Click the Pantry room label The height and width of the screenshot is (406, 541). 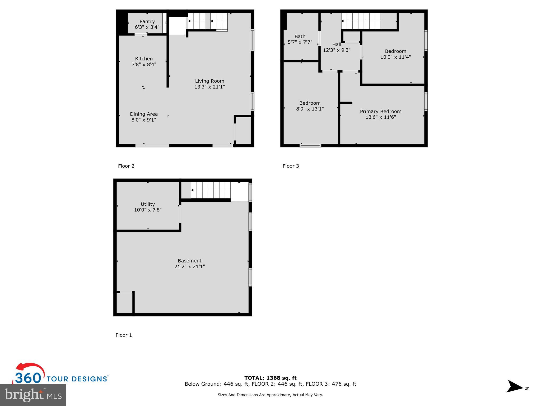pos(147,21)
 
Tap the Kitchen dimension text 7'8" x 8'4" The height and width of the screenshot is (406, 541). pos(144,64)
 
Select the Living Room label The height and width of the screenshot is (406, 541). pos(209,81)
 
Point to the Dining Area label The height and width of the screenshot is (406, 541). pos(144,114)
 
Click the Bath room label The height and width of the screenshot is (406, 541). pos(300,36)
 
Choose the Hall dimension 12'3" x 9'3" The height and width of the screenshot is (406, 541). pos(337,50)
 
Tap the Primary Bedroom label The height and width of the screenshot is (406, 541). pos(380,112)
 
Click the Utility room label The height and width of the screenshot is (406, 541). pos(148,204)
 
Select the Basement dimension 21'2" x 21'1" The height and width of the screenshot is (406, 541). pos(189,266)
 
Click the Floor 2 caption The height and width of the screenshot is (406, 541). pos(126,166)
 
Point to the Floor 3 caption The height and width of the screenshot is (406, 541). pos(291,166)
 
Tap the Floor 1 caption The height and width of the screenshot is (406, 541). pos(124,335)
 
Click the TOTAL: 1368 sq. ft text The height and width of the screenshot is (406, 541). pos(270,378)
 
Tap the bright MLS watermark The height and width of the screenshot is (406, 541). pos(33,395)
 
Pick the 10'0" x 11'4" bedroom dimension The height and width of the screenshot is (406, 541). pos(395,57)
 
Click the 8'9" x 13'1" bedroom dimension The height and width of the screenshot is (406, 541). pos(310,109)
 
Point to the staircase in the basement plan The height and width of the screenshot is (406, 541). pos(211,190)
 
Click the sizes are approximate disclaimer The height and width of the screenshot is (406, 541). pos(270,395)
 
